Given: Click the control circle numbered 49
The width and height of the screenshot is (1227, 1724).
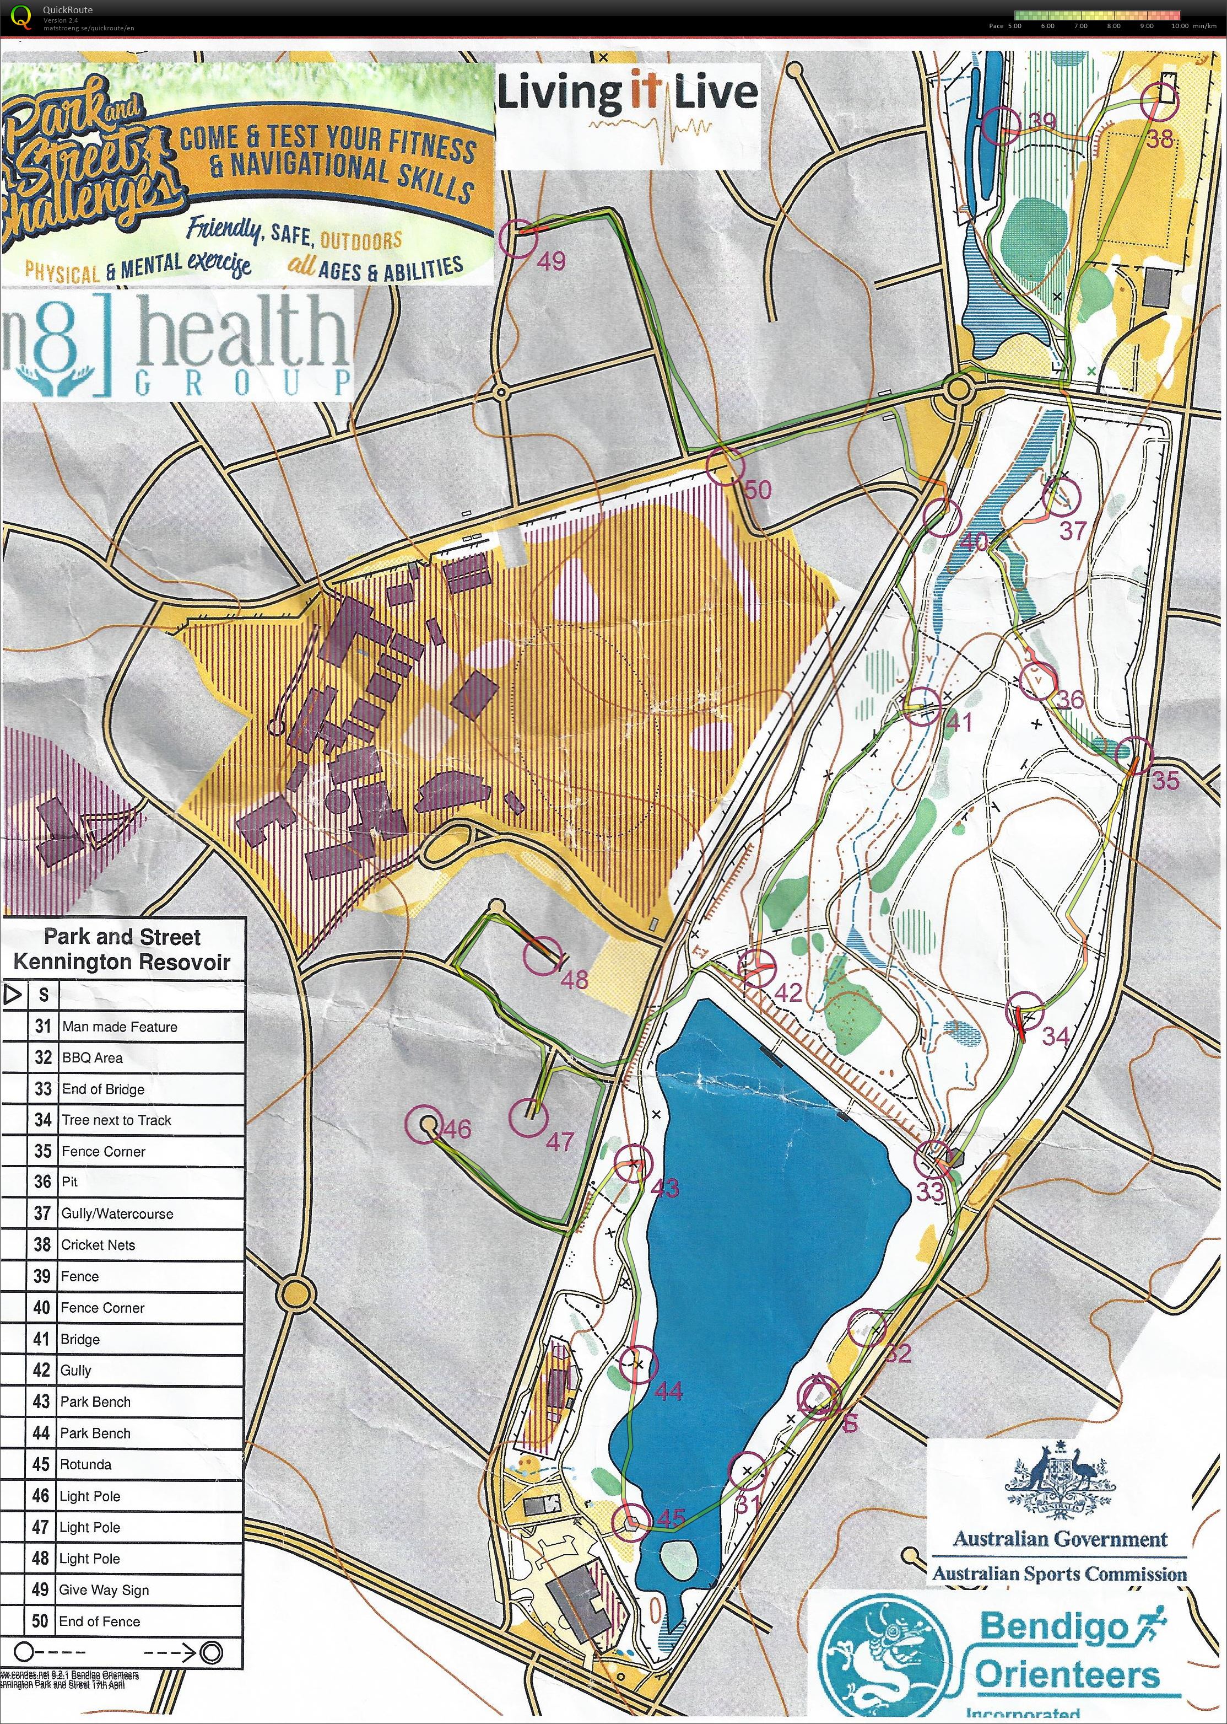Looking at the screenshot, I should click(518, 238).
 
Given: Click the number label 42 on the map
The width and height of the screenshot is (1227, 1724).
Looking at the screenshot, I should click(788, 992).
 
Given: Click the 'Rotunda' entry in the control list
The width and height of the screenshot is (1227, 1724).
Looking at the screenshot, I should click(85, 1464).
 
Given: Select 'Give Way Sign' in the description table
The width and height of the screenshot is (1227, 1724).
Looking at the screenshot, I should click(104, 1589).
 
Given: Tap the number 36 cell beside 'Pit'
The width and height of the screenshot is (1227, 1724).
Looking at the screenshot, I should click(43, 1182).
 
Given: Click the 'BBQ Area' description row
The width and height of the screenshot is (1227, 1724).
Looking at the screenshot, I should click(91, 1057).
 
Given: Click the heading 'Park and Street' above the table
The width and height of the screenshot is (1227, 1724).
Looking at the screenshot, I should click(122, 937).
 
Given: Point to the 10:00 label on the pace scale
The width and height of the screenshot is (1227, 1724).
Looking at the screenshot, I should click(1180, 26).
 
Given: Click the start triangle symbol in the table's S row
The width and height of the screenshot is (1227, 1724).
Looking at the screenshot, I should click(12, 994).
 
